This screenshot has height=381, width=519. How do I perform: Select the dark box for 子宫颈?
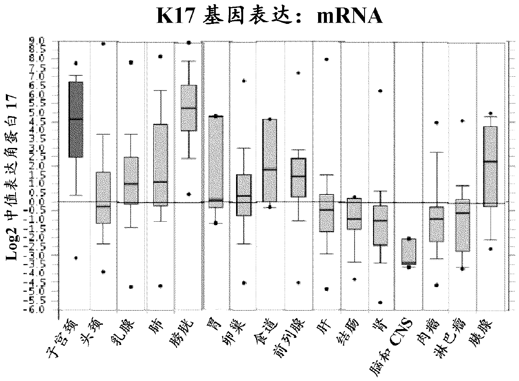click(76, 119)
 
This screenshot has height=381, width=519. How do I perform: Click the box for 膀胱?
click(188, 108)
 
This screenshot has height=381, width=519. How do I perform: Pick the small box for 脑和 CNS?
click(408, 251)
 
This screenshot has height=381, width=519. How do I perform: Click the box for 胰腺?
click(490, 166)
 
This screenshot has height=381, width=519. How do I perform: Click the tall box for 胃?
click(216, 161)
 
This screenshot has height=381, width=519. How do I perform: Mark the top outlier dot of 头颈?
click(103, 44)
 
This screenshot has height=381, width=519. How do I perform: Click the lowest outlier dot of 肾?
click(380, 302)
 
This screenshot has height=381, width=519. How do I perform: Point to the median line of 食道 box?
click(270, 170)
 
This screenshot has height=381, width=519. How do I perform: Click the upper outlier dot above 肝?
click(326, 60)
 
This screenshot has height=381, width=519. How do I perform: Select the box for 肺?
click(160, 165)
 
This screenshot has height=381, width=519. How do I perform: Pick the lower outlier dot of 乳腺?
click(131, 287)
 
